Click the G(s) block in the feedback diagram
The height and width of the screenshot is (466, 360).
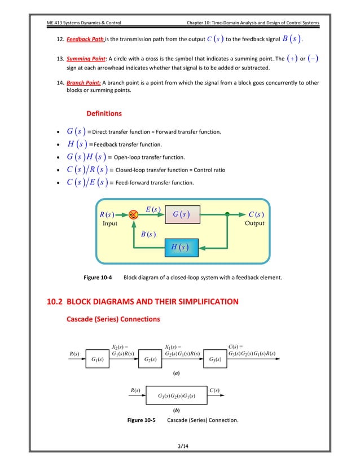tap(182, 215)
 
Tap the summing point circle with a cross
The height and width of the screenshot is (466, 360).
tap(134, 215)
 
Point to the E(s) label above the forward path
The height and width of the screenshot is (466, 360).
tap(153, 210)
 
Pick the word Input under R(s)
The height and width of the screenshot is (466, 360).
tap(110, 223)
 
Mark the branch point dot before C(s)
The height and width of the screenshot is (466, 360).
tap(227, 215)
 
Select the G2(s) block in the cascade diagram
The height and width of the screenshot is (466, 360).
tap(151, 359)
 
